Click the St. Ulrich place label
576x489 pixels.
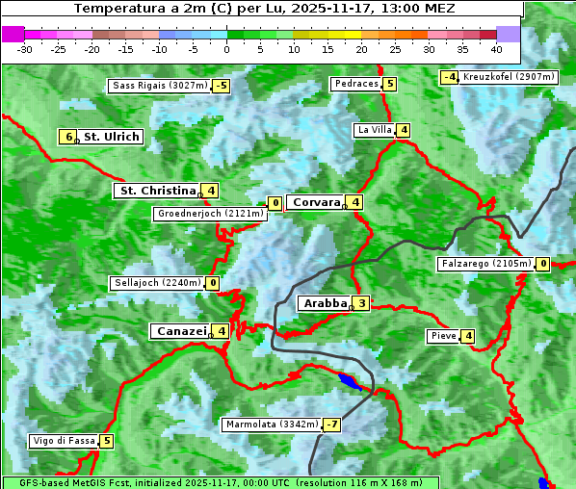112,137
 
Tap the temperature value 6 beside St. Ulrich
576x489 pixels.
67,137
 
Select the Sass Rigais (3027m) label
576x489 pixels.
159,86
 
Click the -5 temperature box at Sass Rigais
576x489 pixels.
222,86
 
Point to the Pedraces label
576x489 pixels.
356,84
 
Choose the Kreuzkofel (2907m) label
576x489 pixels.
509,76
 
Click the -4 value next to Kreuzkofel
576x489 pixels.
449,77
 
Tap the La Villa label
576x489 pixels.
375,130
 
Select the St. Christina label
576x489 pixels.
156,191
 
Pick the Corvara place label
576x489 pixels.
316,202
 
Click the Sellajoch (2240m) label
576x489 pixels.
157,283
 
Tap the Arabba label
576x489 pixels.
325,303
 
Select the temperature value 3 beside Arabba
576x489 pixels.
361,303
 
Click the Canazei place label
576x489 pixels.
180,331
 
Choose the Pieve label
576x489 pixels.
443,336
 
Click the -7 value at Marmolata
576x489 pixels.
332,425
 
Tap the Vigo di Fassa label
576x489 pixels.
64,441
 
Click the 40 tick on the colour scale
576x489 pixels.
496,49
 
